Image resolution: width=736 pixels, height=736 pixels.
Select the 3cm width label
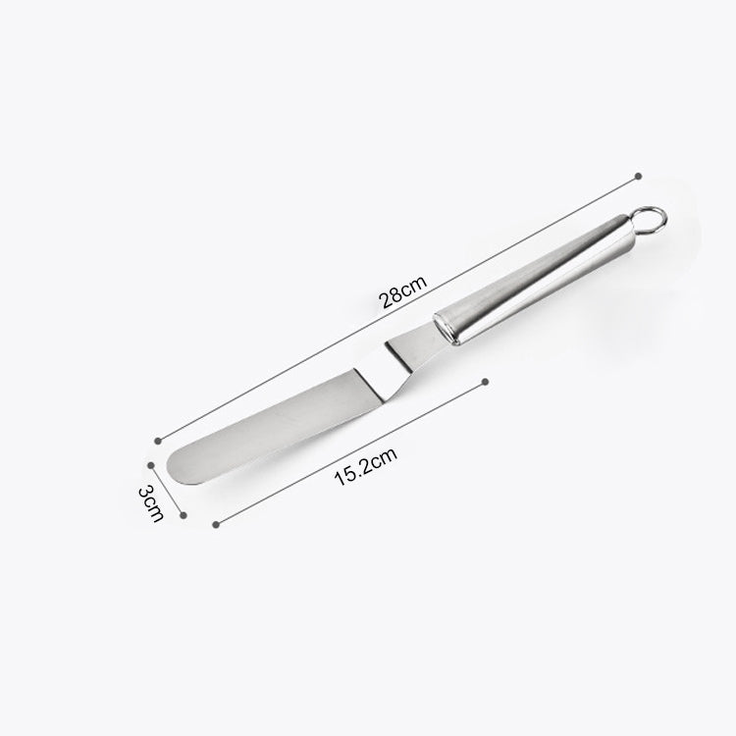pyautogui.click(x=149, y=501)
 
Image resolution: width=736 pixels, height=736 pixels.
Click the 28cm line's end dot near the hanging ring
pyautogui.click(x=639, y=176)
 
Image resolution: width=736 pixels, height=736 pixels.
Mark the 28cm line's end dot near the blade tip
pyautogui.click(x=158, y=439)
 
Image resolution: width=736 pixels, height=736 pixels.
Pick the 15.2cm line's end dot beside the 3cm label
pyautogui.click(x=215, y=523)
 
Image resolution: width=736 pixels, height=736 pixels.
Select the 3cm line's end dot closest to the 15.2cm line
pyautogui.click(x=183, y=511)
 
